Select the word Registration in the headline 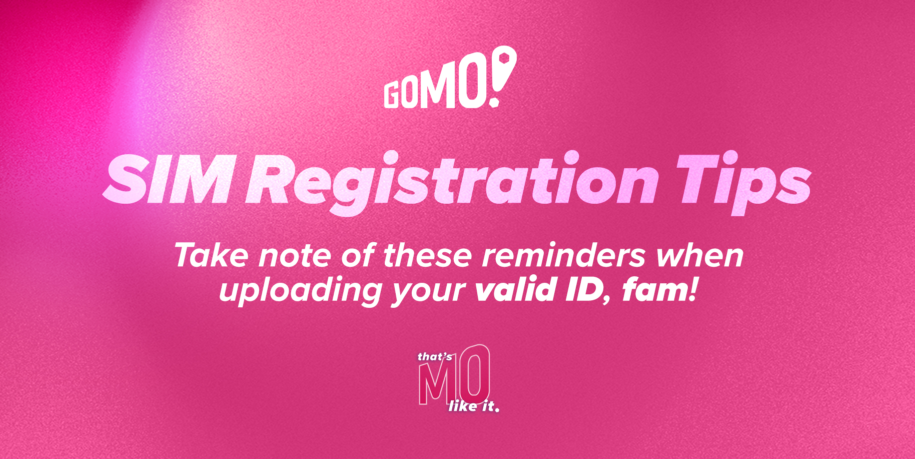[452, 183]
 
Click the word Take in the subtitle [211, 255]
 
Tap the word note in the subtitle [295, 256]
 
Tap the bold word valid [516, 290]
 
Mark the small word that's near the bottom [435, 357]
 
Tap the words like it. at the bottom [474, 406]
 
